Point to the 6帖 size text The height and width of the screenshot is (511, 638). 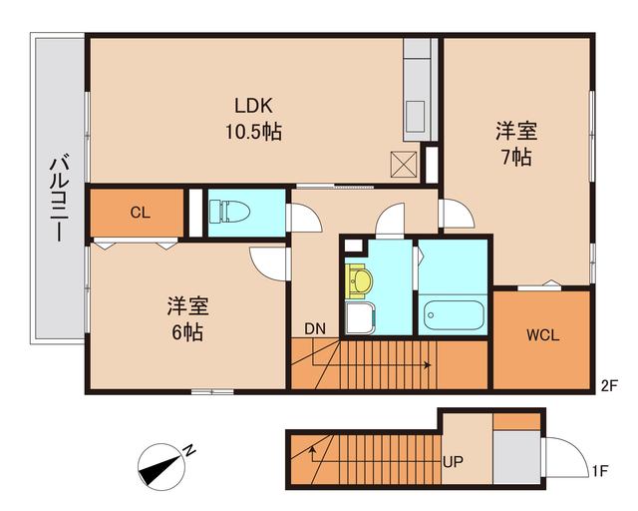(x=185, y=331)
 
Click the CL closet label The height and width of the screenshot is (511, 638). (x=140, y=212)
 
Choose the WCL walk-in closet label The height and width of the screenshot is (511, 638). (x=542, y=335)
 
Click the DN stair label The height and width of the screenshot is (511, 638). (x=315, y=328)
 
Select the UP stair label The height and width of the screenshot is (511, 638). (x=453, y=463)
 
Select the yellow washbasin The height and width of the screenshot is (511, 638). (x=359, y=280)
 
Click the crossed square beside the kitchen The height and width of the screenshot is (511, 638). (x=405, y=163)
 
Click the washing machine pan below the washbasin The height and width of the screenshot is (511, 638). (x=359, y=319)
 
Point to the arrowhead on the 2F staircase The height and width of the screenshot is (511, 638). (x=428, y=365)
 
